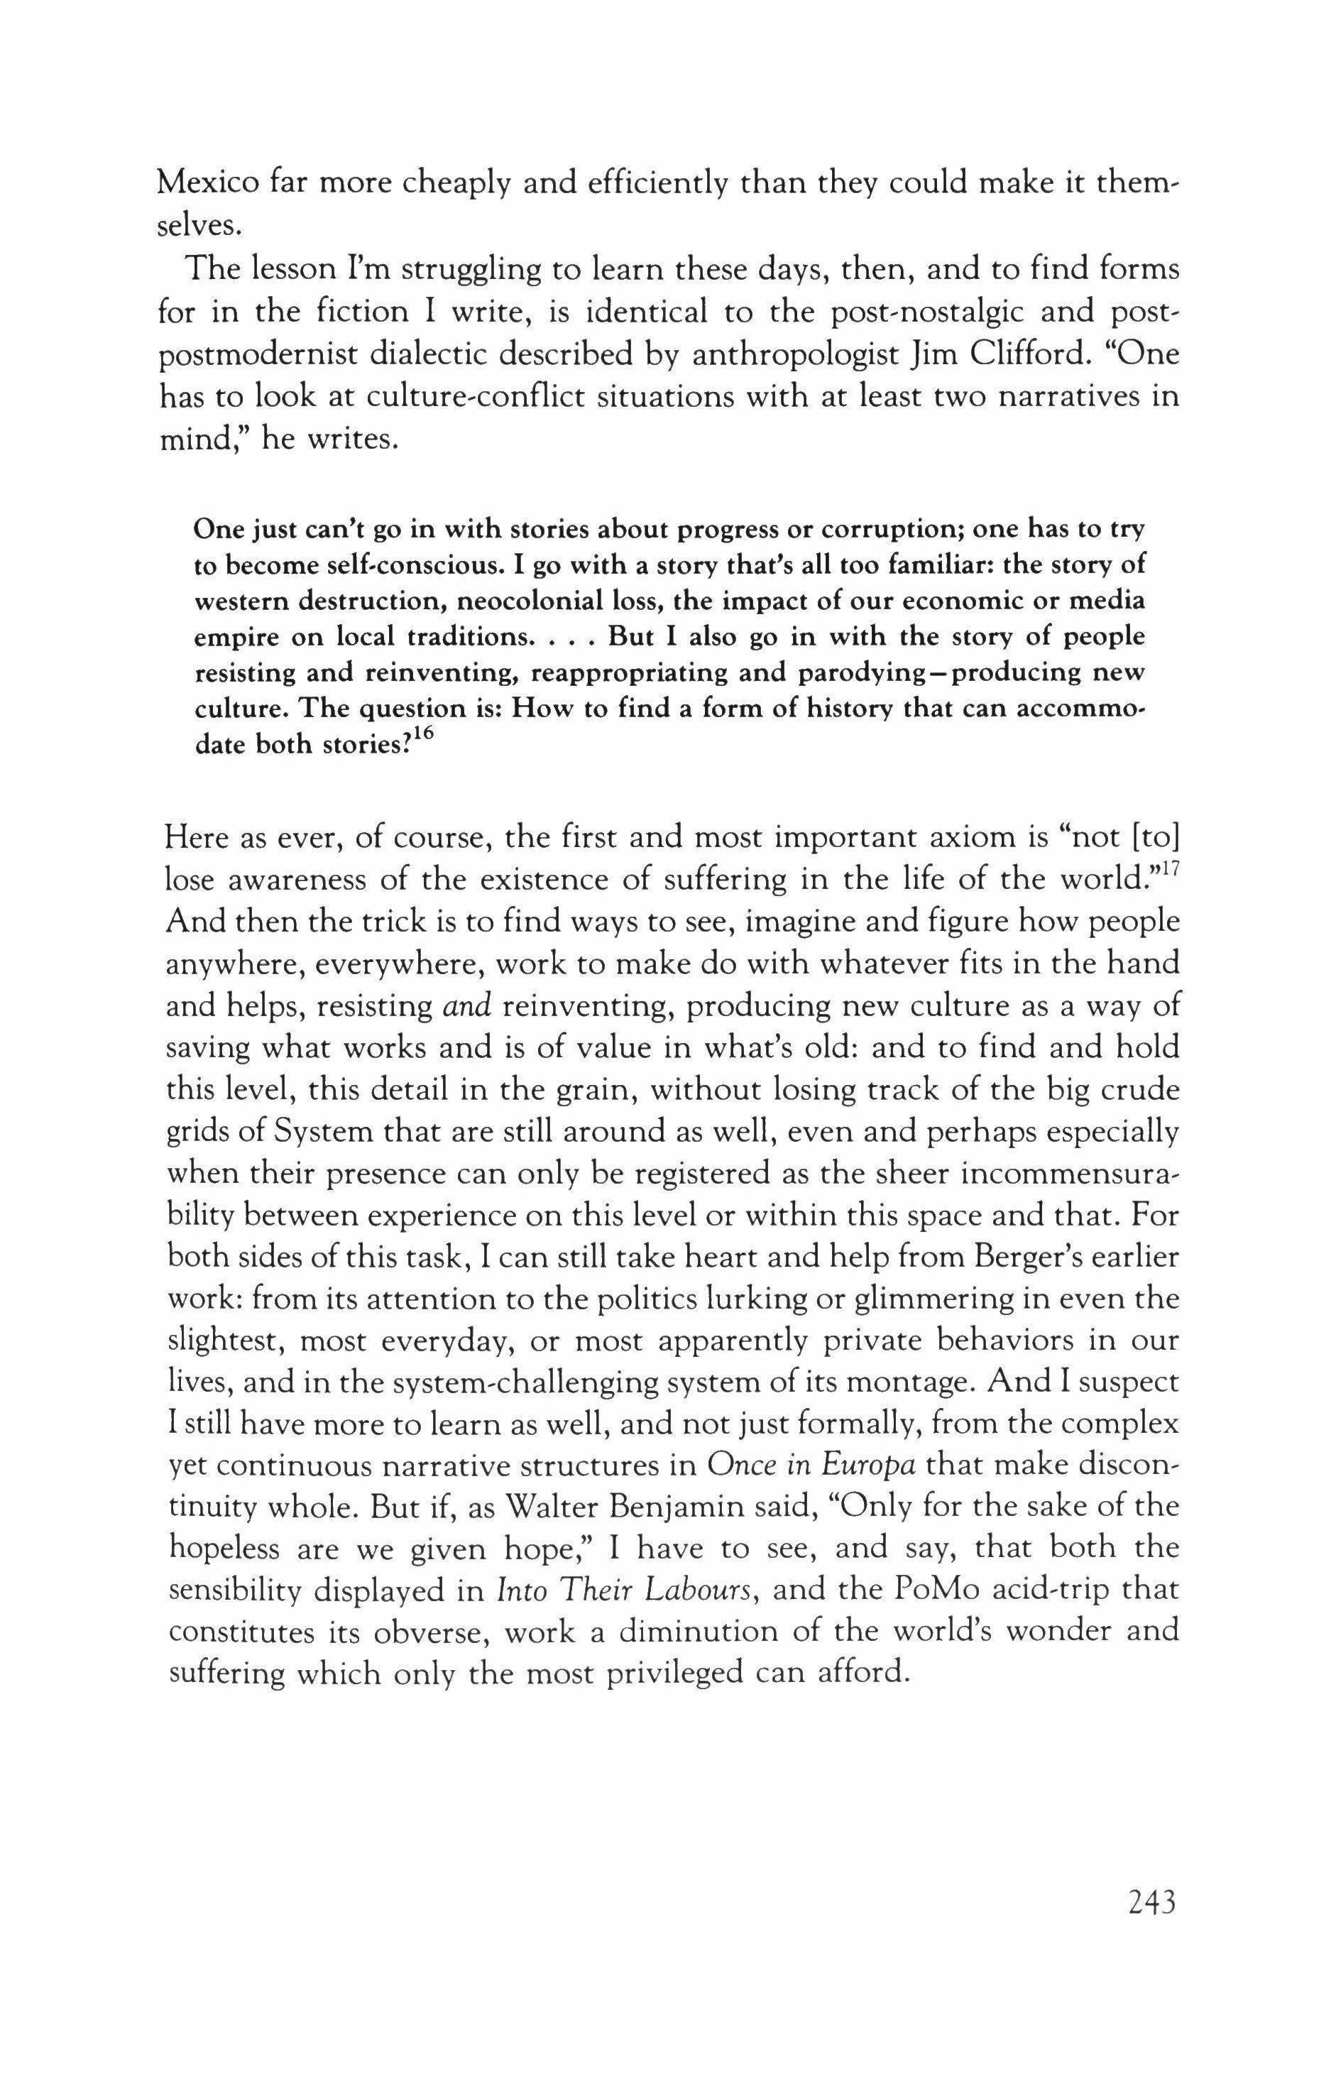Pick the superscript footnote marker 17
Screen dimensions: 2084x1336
(x=1168, y=868)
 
